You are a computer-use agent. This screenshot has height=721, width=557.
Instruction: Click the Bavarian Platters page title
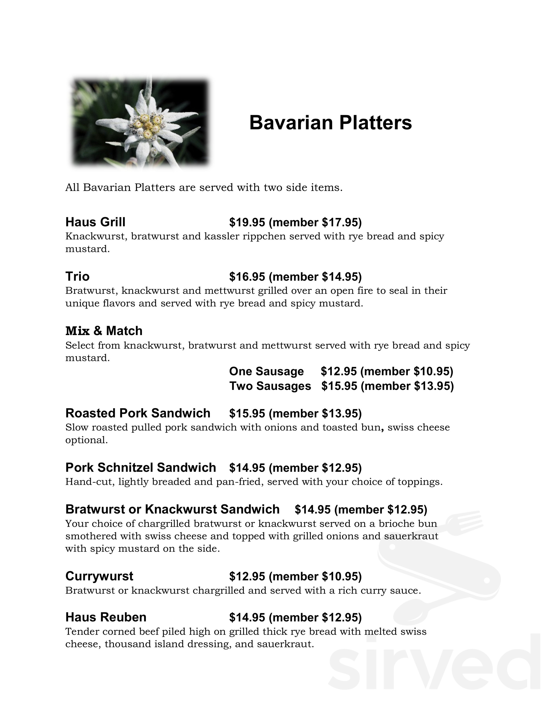(x=330, y=123)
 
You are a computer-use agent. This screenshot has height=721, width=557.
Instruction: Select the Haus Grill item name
(x=95, y=222)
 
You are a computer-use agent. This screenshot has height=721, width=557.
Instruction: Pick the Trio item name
(x=77, y=276)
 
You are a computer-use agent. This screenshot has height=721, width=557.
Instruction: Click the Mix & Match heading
(x=104, y=331)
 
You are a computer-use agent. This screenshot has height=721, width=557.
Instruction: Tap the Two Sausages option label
(x=270, y=386)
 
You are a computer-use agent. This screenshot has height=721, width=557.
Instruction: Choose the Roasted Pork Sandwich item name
(x=138, y=413)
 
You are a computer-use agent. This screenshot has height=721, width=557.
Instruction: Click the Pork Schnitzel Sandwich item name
(x=141, y=467)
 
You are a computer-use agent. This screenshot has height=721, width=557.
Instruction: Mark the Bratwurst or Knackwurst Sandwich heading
(x=172, y=509)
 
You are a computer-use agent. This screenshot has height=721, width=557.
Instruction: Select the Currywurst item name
(x=99, y=576)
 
